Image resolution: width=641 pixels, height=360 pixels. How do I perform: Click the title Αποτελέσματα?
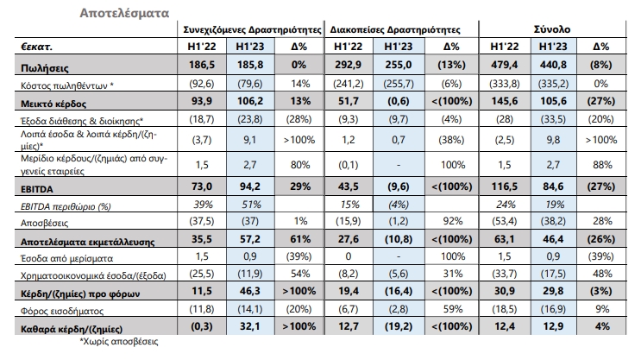pos(124,13)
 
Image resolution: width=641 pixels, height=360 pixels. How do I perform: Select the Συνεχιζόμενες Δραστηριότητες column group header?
pos(252,30)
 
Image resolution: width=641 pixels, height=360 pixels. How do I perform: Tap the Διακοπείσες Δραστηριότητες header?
pos(395,30)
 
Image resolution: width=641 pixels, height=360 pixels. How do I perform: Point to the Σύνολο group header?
pos(552,29)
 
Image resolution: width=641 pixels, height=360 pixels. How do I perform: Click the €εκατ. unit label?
pos(36,47)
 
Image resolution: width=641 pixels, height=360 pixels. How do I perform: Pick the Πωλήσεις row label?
pos(45,67)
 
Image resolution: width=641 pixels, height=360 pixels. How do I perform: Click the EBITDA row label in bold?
pos(37,189)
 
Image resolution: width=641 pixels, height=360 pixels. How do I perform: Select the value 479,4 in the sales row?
pos(504,65)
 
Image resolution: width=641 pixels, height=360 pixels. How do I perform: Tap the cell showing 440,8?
pos(553,65)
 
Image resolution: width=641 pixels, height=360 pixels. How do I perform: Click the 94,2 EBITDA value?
pos(250,186)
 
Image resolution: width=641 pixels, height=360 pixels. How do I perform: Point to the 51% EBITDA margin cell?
pos(251,204)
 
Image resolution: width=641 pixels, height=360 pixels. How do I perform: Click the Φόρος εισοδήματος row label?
pos(62,312)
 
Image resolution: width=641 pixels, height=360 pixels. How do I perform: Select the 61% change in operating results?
pos(300,239)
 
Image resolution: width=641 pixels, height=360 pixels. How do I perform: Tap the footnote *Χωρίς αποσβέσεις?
pos(118,341)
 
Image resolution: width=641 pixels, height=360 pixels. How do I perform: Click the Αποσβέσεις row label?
pos(44,223)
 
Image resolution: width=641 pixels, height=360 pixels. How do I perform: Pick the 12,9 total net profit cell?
pos(553,326)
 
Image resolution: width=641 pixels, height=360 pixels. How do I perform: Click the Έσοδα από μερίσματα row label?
pos(66,258)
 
